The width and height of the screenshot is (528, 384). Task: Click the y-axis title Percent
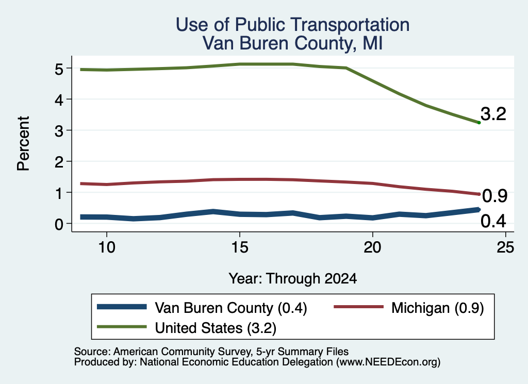click(23, 144)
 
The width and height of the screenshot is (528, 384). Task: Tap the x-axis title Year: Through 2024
click(293, 279)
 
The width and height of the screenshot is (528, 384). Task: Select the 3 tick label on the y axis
click(59, 131)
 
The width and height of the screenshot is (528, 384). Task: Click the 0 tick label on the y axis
click(59, 224)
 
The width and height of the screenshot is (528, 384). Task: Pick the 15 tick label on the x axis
click(239, 247)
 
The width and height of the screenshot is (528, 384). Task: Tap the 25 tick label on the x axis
click(505, 247)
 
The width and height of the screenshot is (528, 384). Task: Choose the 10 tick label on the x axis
click(107, 247)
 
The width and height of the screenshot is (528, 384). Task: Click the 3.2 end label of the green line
click(493, 114)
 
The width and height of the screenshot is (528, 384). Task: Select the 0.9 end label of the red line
click(494, 196)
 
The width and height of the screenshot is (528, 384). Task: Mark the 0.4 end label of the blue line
click(493, 221)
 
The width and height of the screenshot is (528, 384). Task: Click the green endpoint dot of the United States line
click(479, 123)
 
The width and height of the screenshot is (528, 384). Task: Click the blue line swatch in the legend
click(122, 307)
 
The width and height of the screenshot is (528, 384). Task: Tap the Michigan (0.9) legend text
click(437, 308)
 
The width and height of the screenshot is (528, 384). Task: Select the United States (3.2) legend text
click(216, 328)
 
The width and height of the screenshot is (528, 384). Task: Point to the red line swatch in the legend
click(359, 307)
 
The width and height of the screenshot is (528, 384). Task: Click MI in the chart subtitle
click(372, 43)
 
